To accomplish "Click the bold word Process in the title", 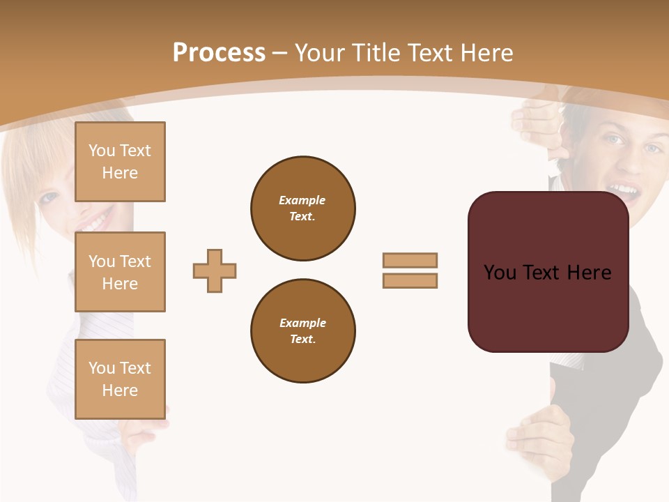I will click(219, 53).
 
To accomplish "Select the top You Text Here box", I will click(120, 162).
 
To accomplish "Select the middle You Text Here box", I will click(120, 272).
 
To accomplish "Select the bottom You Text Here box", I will click(120, 379).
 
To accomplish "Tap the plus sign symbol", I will click(215, 271).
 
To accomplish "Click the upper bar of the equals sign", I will click(410, 260).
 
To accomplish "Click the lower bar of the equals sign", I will click(410, 280).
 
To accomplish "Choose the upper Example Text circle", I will click(302, 208).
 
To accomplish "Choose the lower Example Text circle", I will click(302, 330).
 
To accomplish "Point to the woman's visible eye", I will click(49, 197).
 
